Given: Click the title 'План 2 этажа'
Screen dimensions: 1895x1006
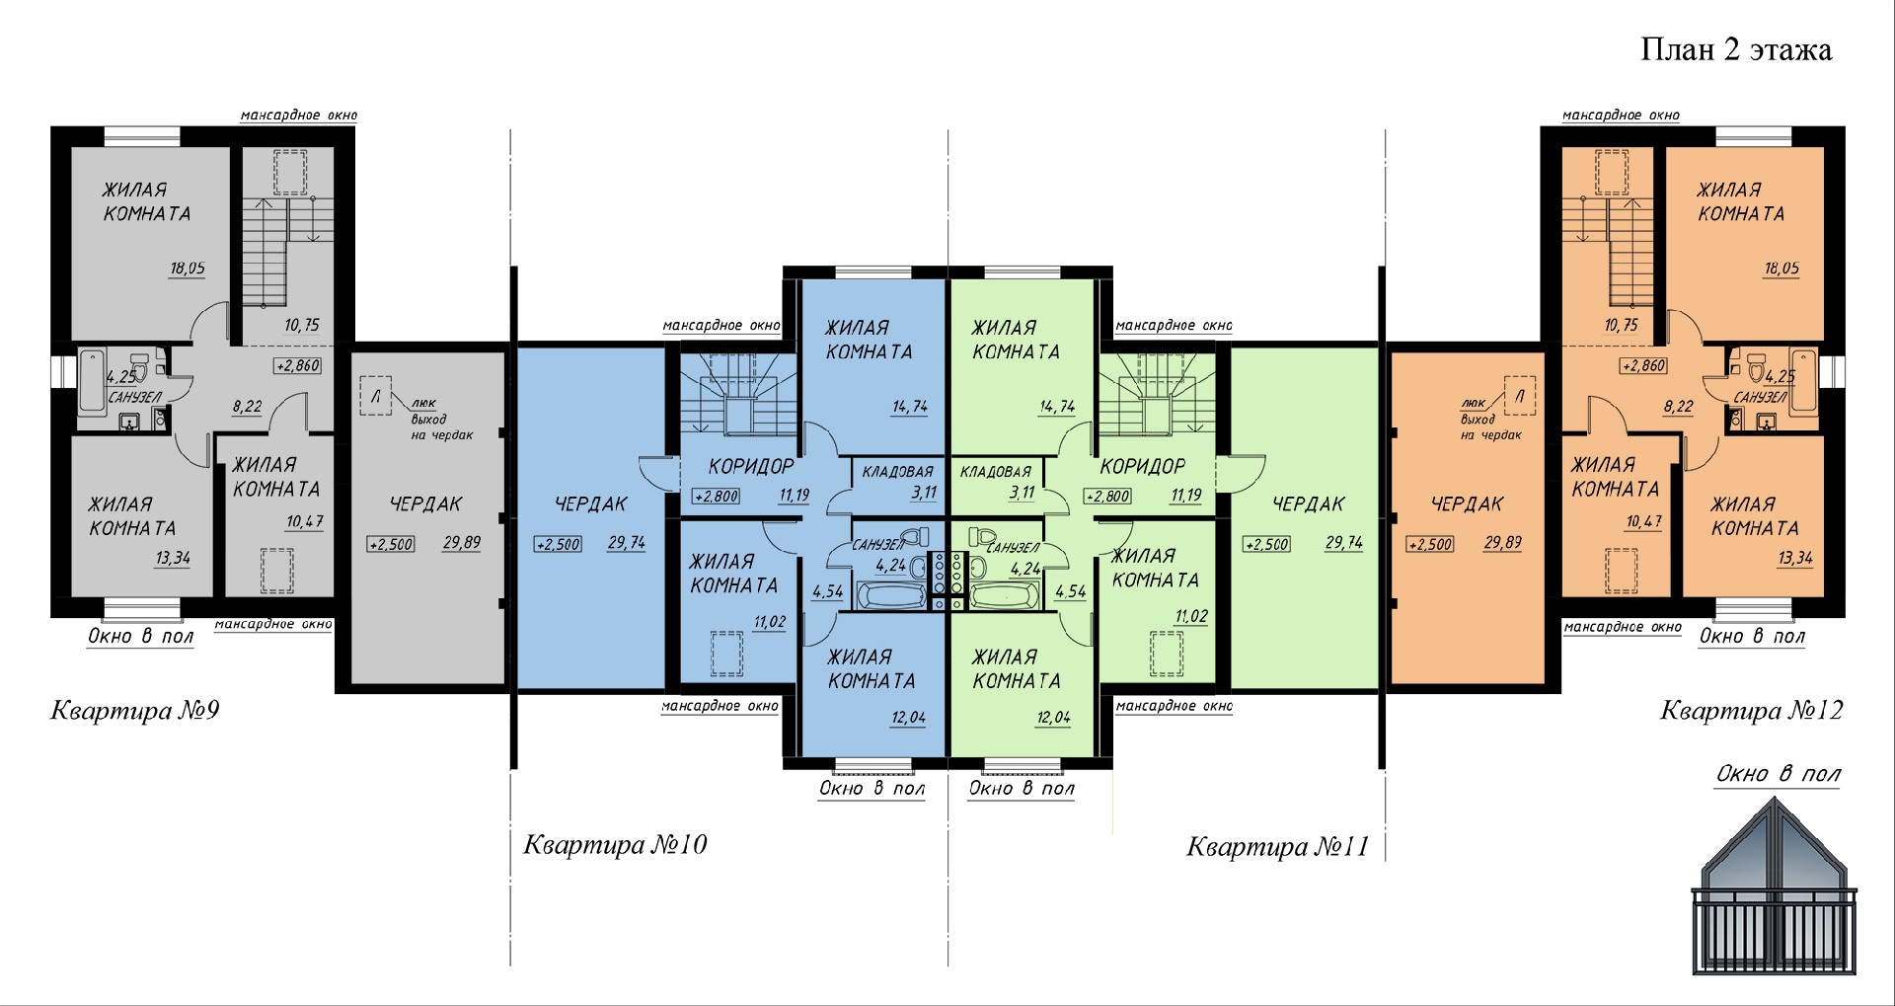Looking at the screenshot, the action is (x=1736, y=50).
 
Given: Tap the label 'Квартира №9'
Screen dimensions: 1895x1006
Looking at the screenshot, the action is (x=135, y=711).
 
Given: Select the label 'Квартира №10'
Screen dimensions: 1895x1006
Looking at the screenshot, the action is (x=615, y=845).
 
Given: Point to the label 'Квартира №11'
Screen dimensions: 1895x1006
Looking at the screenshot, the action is (x=1277, y=847).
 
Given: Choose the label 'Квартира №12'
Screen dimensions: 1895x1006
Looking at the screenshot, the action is (x=1752, y=711).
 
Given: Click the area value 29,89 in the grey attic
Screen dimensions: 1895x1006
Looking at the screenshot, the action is (x=462, y=543).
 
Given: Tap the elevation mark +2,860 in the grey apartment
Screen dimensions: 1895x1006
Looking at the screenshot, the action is (x=298, y=365).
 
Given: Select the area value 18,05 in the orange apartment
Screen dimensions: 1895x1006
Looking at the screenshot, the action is (x=1781, y=269).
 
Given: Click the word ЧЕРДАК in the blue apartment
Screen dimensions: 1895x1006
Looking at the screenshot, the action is (x=591, y=504).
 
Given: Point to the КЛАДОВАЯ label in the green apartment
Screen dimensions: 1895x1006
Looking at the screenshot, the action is (x=996, y=472).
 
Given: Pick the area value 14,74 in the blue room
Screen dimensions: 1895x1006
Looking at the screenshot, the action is (x=909, y=406).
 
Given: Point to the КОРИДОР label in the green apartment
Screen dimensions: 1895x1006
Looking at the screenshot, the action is (x=1143, y=466).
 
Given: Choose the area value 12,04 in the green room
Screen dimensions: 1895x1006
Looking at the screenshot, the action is (x=1054, y=718).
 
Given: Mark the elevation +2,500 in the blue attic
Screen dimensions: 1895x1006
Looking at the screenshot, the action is (x=558, y=544).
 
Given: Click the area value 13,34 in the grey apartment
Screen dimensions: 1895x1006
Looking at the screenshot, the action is (x=173, y=558).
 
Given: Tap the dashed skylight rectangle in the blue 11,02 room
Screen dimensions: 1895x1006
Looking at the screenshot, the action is (x=728, y=654).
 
